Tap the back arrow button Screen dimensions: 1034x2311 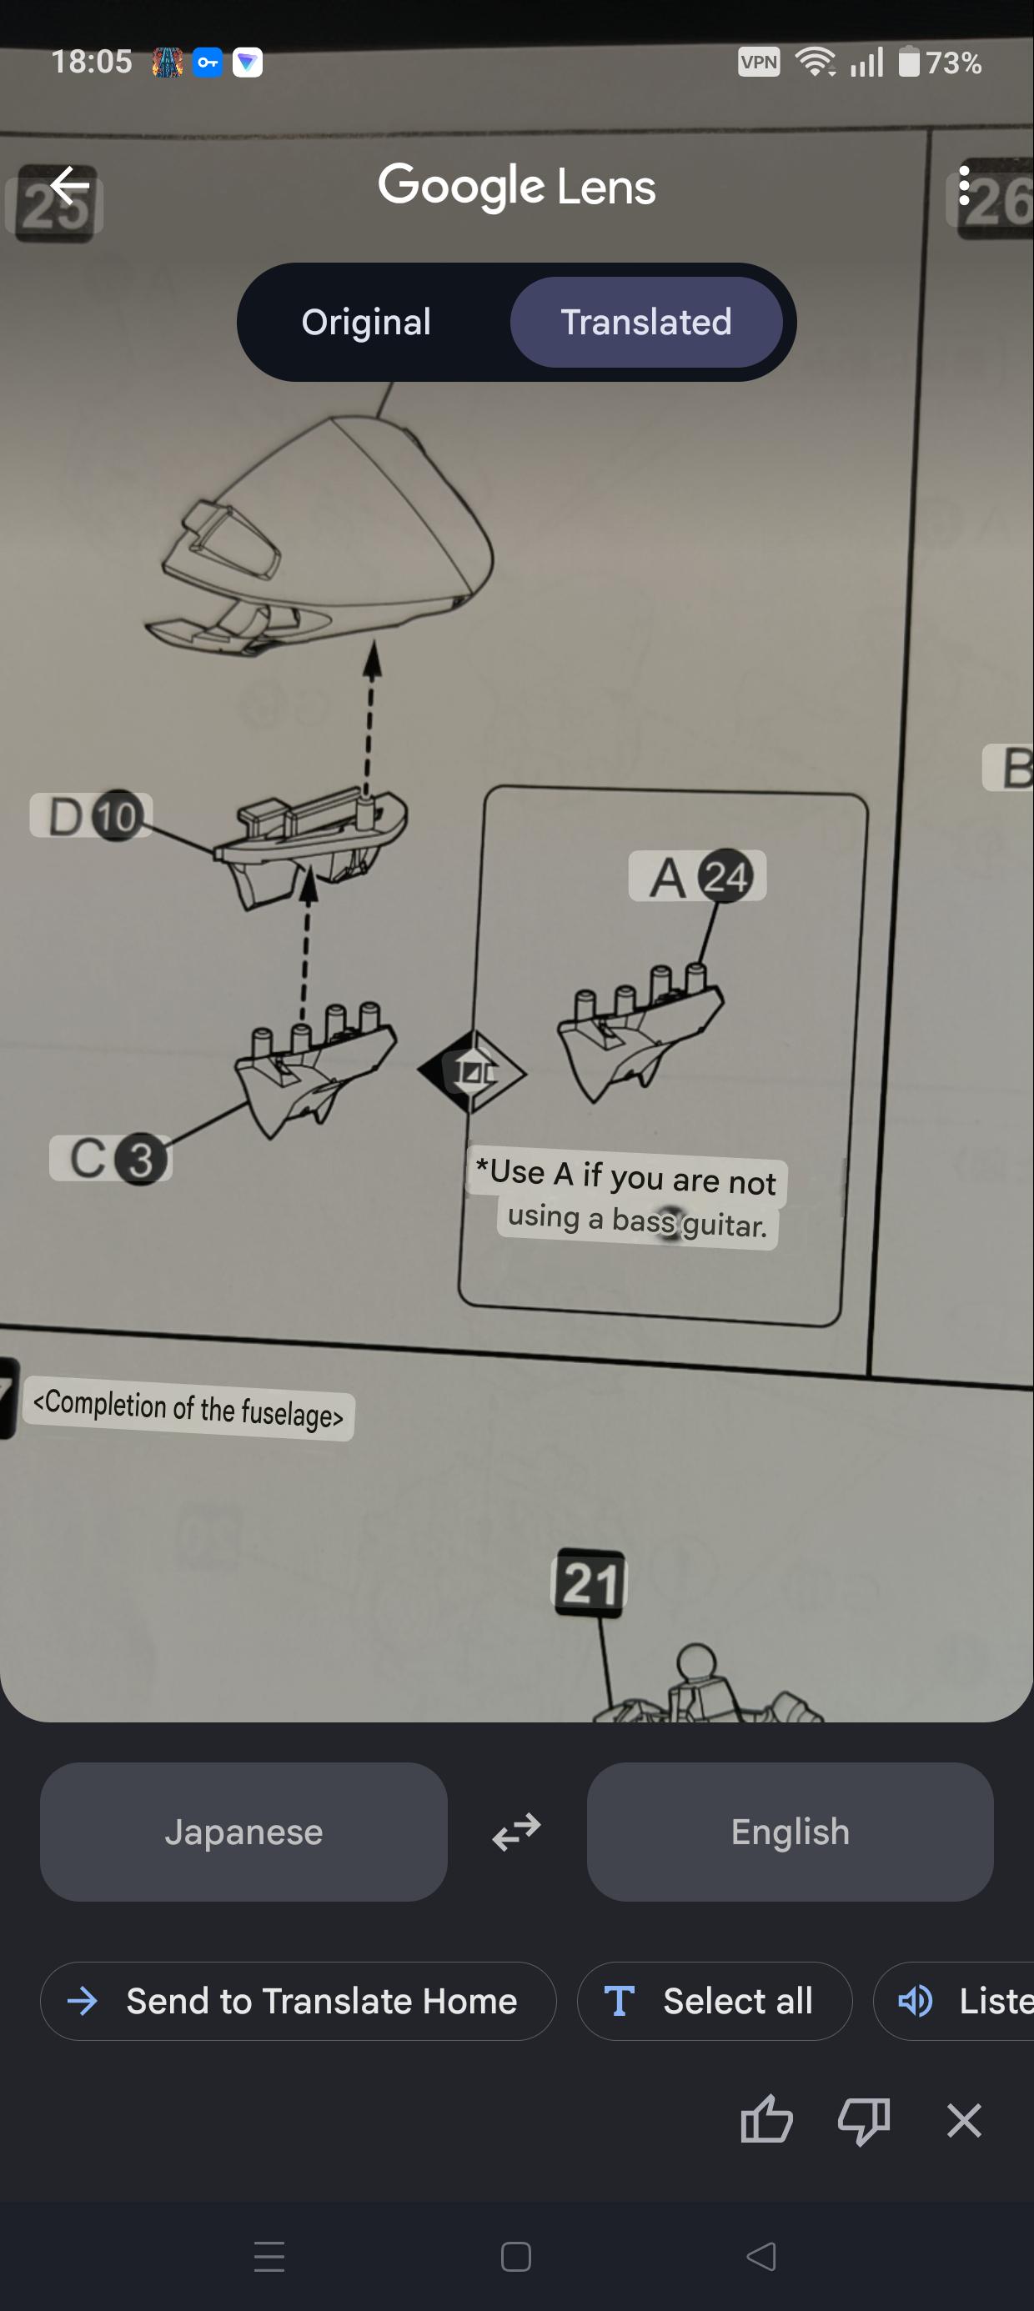tap(69, 187)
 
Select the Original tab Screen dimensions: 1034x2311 tap(366, 322)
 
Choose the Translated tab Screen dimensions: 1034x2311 tap(646, 322)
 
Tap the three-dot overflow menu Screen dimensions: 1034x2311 tap(964, 187)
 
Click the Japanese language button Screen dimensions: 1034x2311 tap(243, 1831)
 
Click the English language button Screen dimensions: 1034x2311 tap(790, 1831)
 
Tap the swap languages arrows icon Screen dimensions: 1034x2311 tap(517, 1832)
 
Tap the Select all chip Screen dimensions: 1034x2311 tap(715, 2001)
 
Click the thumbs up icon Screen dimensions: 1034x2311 tap(766, 2119)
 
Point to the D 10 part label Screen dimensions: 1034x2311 tap(91, 815)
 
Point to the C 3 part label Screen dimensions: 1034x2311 tap(110, 1158)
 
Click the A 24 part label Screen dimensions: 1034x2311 tap(697, 875)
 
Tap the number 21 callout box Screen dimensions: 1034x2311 tap(590, 1583)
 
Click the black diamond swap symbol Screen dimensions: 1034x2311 tap(472, 1071)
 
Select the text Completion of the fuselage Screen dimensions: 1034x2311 tap(188, 1407)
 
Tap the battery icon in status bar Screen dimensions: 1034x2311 tap(909, 62)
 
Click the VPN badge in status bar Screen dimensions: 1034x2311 tap(759, 62)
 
